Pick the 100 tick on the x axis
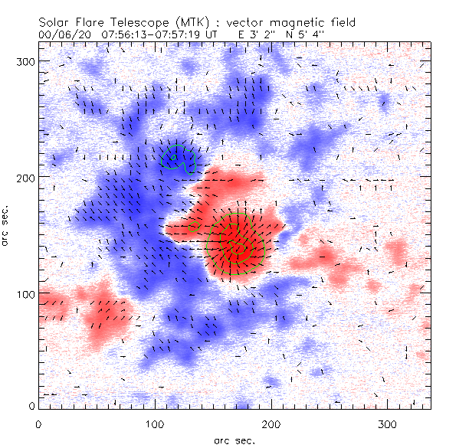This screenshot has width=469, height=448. point(155,423)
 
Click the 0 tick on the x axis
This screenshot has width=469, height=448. point(38,423)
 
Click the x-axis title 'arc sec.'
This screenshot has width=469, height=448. point(235,440)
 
